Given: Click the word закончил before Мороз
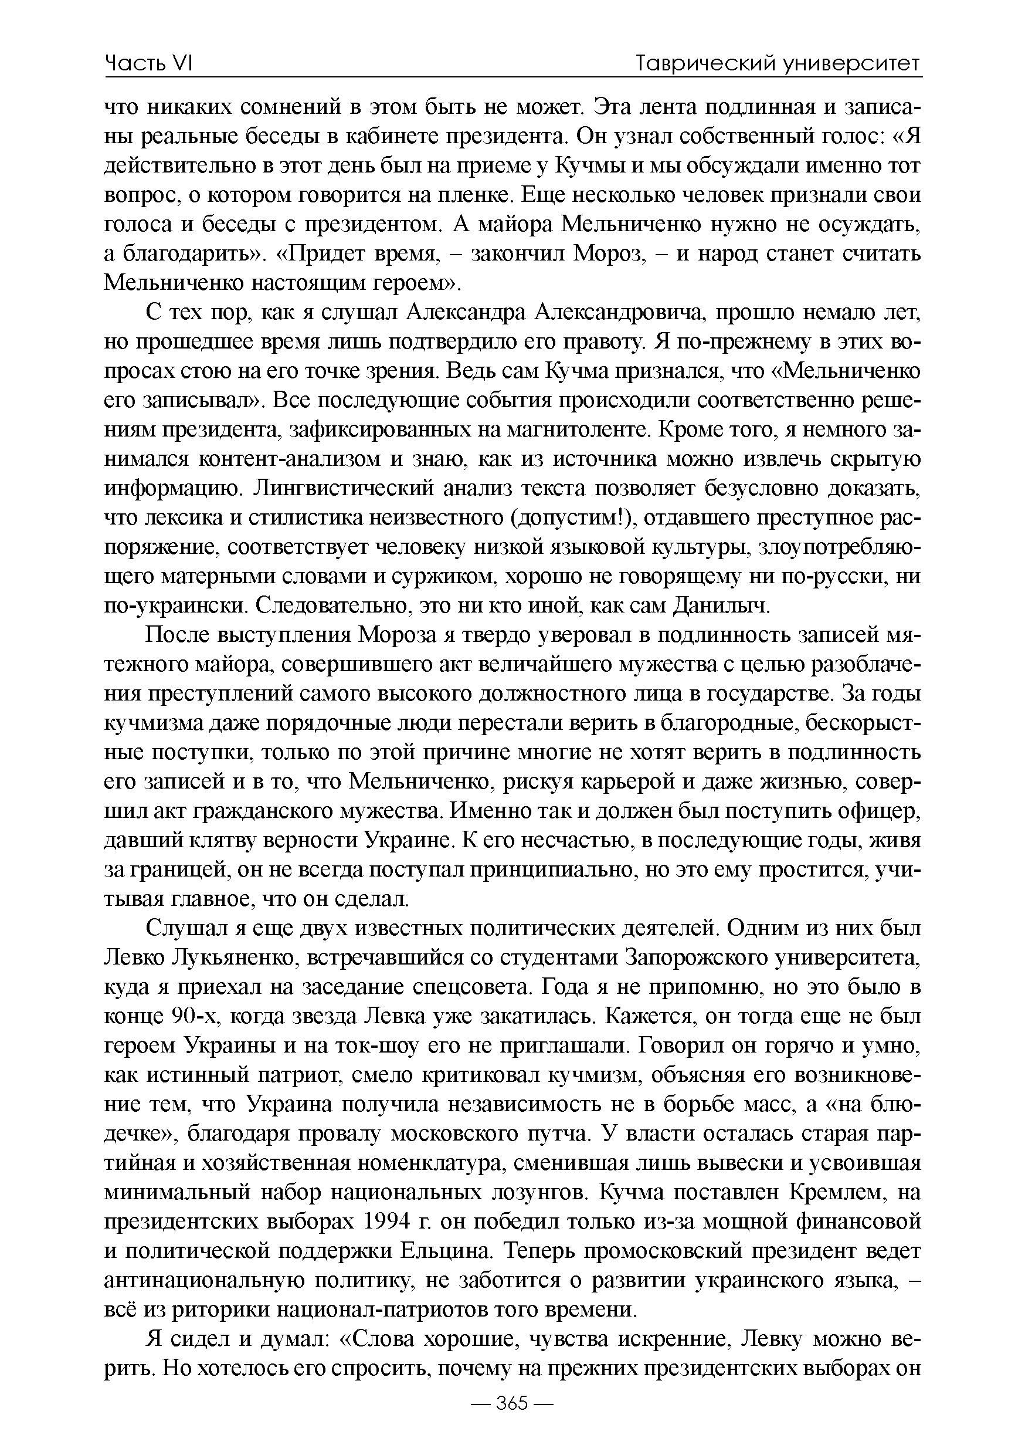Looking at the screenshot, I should tap(518, 254).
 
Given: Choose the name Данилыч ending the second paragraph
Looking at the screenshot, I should tap(720, 606).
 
